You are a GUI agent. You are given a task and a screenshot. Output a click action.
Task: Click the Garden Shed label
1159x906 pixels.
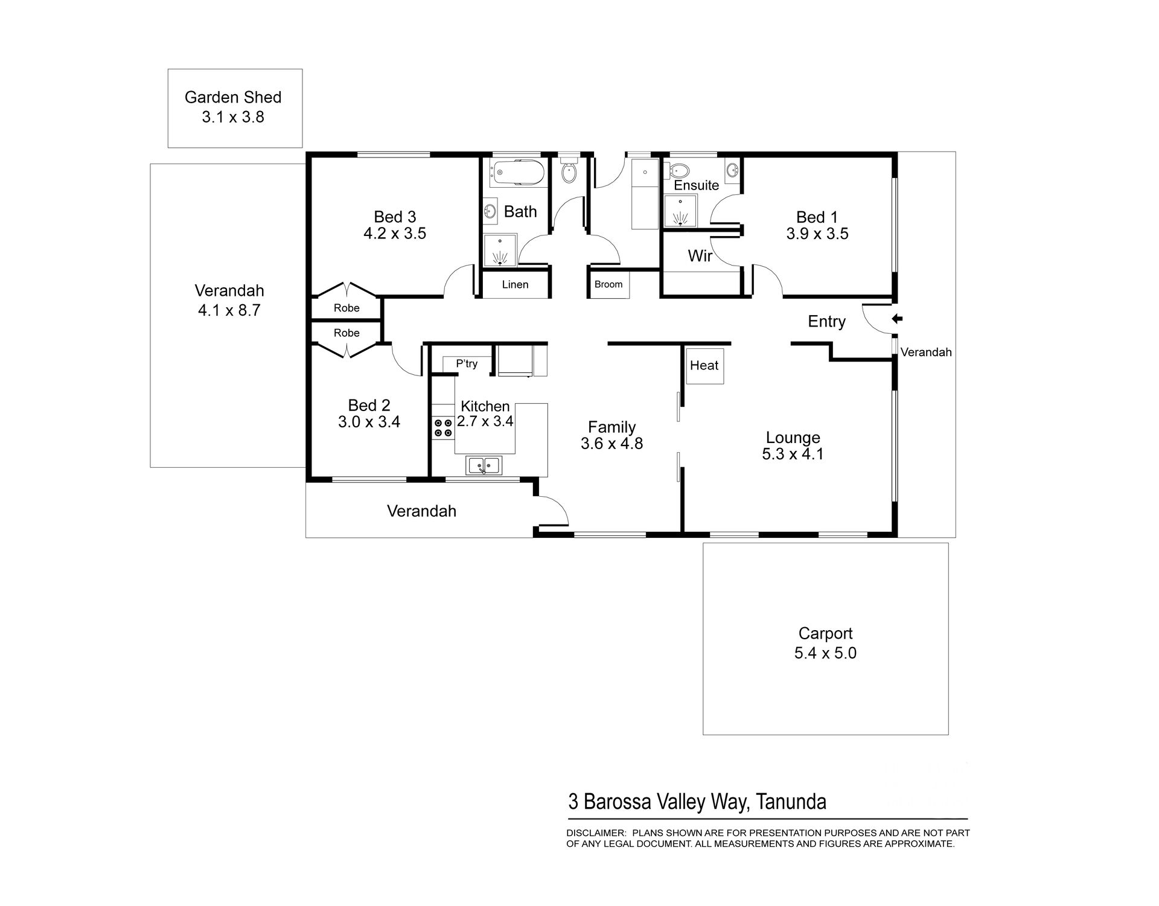pyautogui.click(x=233, y=97)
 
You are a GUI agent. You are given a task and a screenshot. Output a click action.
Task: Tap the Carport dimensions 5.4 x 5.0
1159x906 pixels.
pyautogui.click(x=825, y=653)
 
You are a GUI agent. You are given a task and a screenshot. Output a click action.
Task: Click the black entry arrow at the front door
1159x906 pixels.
pyautogui.click(x=897, y=319)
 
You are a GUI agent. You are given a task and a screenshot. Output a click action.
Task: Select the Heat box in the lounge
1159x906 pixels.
pyautogui.click(x=704, y=365)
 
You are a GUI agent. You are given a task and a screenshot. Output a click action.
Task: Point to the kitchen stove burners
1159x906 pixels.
pyautogui.click(x=443, y=427)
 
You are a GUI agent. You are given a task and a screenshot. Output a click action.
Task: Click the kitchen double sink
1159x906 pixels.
pyautogui.click(x=484, y=465)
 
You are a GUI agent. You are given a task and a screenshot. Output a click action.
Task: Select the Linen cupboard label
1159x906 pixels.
pyautogui.click(x=515, y=284)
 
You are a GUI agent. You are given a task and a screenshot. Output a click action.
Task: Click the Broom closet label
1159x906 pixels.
pyautogui.click(x=608, y=284)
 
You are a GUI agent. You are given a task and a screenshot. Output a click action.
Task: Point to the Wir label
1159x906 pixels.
pyautogui.click(x=700, y=256)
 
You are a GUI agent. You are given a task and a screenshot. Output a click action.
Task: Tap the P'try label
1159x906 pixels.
pyautogui.click(x=467, y=363)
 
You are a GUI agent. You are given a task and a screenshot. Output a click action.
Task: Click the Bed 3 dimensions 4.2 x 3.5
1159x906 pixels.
pyautogui.click(x=395, y=234)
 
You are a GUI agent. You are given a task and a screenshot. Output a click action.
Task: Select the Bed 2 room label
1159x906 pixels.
pyautogui.click(x=369, y=405)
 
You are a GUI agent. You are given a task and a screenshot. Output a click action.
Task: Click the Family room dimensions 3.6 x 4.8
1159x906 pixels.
pyautogui.click(x=612, y=444)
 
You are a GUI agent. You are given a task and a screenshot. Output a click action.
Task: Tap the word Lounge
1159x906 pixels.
pyautogui.click(x=793, y=438)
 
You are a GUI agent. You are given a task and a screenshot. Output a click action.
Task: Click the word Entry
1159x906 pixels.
pyautogui.click(x=827, y=322)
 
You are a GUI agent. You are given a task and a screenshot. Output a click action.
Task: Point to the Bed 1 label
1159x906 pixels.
pyautogui.click(x=817, y=217)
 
